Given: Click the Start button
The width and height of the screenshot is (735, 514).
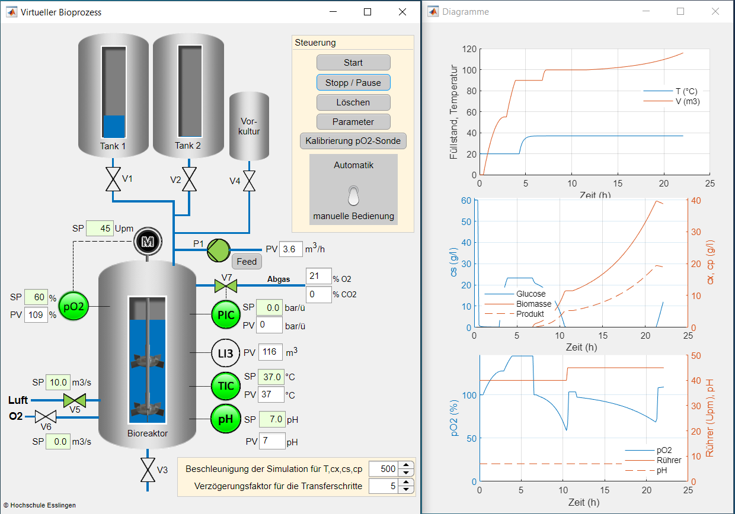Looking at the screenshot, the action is tap(353, 63).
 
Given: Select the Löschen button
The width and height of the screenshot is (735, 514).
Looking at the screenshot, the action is tap(353, 102).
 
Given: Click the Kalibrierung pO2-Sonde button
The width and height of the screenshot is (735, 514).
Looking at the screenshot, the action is tap(353, 141).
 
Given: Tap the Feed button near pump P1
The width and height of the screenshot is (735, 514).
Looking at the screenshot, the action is tap(247, 262).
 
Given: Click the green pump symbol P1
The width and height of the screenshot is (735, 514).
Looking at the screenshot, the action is tap(218, 250).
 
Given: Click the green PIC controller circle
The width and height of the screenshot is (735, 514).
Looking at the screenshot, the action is tap(226, 314).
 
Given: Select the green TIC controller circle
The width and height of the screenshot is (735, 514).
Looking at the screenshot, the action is tap(226, 386).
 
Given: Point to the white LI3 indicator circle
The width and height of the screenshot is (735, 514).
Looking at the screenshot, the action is tap(225, 353).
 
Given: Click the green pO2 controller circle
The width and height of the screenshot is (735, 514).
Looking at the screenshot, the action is tap(73, 306).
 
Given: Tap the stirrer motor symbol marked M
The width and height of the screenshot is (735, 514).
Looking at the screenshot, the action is tap(148, 242).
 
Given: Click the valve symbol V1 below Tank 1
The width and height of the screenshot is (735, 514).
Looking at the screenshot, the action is tap(113, 179).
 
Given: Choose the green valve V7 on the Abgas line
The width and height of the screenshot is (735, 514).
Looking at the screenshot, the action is tap(226, 286).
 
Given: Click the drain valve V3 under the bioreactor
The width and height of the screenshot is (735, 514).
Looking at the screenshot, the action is tap(148, 470).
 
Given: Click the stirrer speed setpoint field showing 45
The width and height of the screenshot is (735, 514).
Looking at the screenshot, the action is tap(100, 228).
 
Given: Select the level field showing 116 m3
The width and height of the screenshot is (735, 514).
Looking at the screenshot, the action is tap(270, 352).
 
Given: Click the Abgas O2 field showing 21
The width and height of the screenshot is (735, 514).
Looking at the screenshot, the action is tap(318, 276).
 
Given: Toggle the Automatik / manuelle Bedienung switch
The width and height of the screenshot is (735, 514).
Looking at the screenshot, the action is tap(353, 195).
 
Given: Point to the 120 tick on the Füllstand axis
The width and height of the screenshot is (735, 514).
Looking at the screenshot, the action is tap(469, 49).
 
